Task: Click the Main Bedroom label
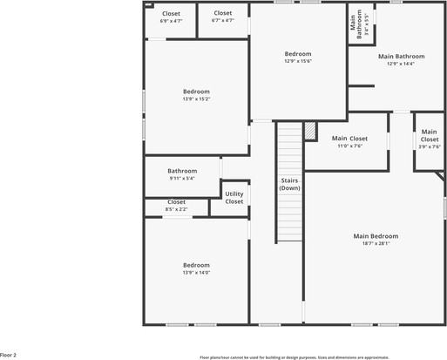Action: pos(376,236)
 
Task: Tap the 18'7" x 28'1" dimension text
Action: pos(376,244)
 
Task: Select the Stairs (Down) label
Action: pos(290,185)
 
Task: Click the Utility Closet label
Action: pos(234,198)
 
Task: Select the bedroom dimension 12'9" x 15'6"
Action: pos(298,62)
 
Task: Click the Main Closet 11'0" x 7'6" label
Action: pos(349,142)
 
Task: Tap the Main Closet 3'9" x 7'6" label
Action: pos(430,139)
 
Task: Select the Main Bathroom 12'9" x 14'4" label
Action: pos(401,59)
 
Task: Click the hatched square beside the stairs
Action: pos(309,130)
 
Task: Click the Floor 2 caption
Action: pos(9,356)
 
